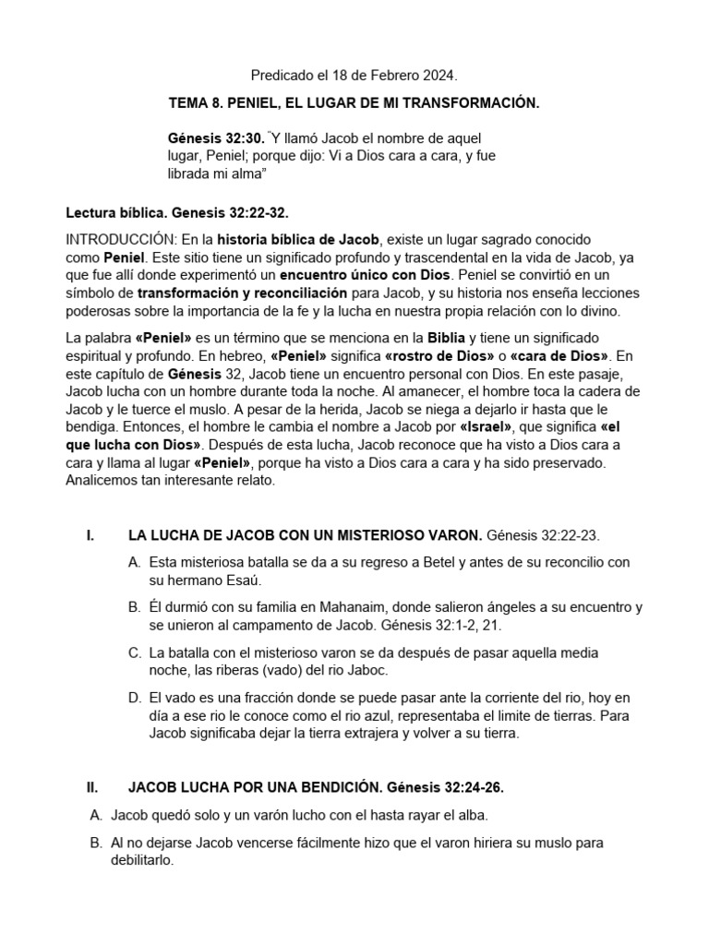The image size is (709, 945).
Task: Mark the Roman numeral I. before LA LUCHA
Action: tap(90, 535)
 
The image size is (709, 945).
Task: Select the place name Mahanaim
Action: tap(363, 607)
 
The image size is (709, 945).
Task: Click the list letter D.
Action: tap(135, 698)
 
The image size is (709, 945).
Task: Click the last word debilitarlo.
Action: tap(141, 861)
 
